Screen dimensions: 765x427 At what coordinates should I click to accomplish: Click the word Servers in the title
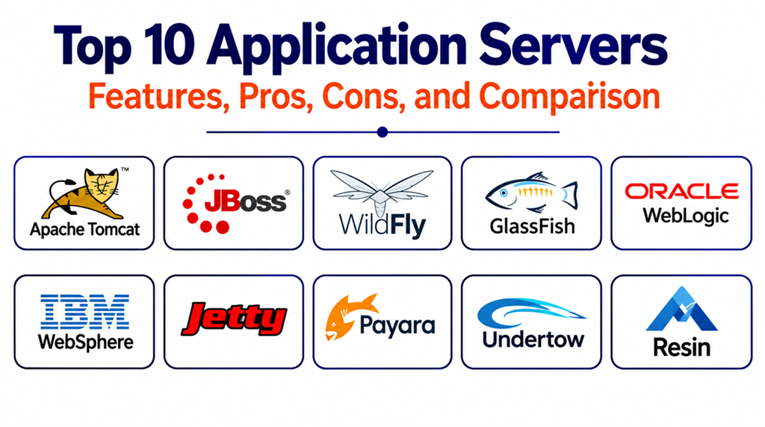573,45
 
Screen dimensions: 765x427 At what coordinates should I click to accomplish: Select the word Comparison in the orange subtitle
569,96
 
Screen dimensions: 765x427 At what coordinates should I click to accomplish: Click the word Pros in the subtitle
276,96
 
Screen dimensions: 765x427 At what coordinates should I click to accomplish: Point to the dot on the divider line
382,132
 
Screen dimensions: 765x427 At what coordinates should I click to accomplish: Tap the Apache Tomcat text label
85,229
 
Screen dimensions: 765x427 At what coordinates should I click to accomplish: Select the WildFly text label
382,226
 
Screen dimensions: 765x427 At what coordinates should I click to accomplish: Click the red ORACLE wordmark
681,192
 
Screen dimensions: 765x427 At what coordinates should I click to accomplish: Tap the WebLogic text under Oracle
686,216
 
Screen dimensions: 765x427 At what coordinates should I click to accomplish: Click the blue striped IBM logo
84,311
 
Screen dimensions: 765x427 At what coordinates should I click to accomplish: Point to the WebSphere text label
85,342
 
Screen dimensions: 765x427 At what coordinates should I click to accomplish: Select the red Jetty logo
234,319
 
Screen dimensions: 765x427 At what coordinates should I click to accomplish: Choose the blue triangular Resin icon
681,310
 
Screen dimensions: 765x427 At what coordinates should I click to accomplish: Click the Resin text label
681,348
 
